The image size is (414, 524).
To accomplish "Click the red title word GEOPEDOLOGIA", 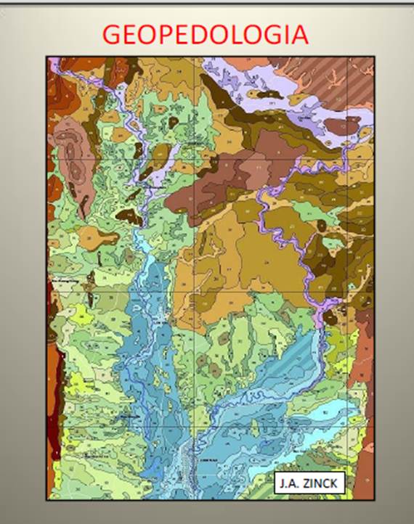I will coord(206,34).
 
